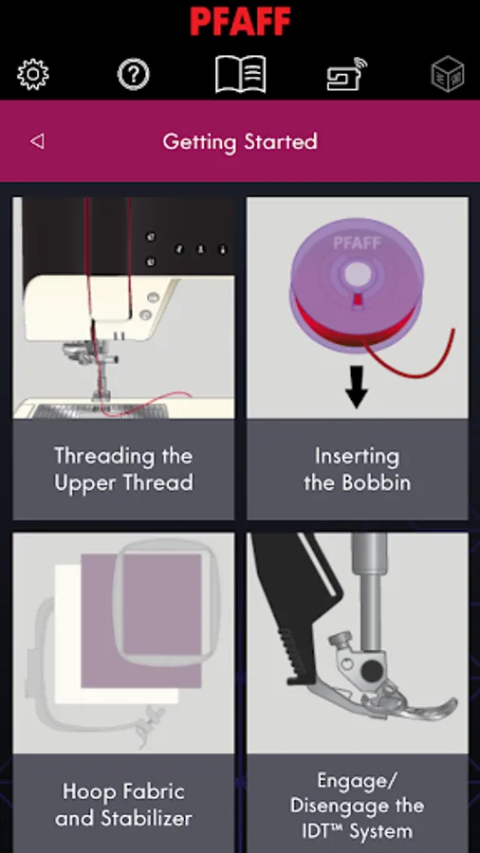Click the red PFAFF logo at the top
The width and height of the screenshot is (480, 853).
coord(240,22)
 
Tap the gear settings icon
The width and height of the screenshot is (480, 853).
coord(33,74)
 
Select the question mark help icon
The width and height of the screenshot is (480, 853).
coord(134,74)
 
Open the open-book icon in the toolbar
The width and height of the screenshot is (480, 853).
coord(241,74)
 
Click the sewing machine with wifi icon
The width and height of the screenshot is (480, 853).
coord(346,74)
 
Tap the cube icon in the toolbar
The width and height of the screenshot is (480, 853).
coord(448,75)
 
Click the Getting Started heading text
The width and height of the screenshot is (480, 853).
coord(240,142)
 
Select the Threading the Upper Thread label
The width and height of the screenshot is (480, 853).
coord(123,469)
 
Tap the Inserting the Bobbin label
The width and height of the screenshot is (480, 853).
coord(357,469)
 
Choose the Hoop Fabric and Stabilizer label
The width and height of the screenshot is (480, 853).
coord(123,805)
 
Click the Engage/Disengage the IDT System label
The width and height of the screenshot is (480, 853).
coord(357,805)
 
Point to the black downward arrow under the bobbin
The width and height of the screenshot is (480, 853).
coord(357,387)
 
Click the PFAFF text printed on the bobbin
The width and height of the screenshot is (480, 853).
coord(357,244)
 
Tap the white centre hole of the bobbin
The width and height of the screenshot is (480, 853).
coord(357,273)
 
